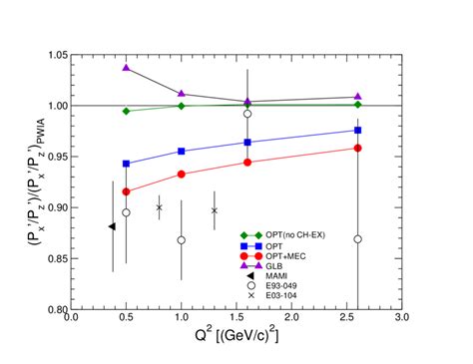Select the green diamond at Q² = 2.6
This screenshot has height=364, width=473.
coord(357,105)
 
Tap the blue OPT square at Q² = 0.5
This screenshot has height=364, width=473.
coord(126,164)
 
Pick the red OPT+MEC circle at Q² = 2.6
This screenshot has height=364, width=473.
coord(357,148)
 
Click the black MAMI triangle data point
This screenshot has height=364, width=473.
coord(112,227)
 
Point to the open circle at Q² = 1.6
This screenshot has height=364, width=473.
coord(247,114)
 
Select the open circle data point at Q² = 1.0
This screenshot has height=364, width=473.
coord(181,240)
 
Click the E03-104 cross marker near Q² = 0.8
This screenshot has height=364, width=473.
coord(159,207)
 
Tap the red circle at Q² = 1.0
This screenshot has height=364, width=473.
coord(181,175)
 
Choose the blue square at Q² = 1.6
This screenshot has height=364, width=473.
coord(247,143)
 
